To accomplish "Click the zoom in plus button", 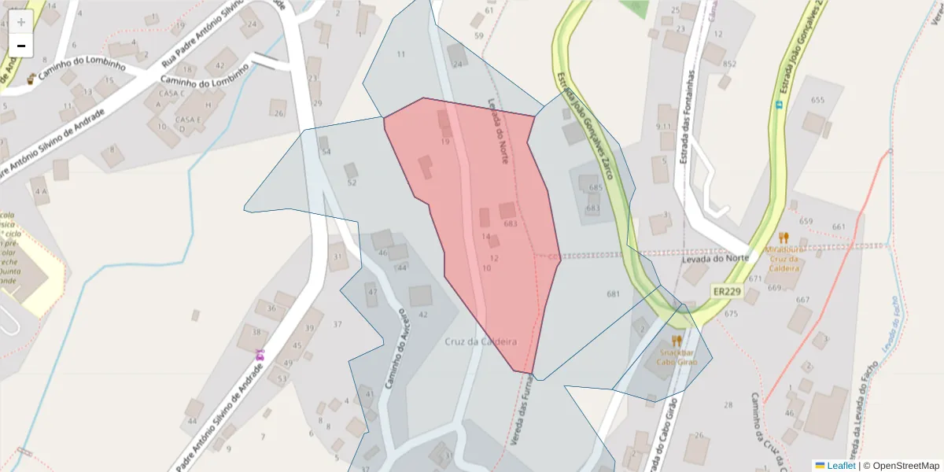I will click(x=21, y=22).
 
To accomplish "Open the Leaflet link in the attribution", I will click(x=840, y=466).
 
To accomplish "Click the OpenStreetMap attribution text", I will click(x=901, y=466).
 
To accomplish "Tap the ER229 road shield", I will click(x=727, y=291).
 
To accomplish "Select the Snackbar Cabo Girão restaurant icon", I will click(x=677, y=341).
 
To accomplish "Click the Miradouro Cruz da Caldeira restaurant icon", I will click(x=783, y=237).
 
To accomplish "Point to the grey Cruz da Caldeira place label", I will click(x=481, y=341).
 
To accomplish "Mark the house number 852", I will click(x=729, y=64).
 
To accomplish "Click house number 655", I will click(x=817, y=100).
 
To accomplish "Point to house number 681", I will click(x=614, y=293).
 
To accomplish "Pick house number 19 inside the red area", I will click(x=445, y=142).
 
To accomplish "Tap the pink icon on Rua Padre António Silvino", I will click(x=259, y=355).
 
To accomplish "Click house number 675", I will click(x=731, y=314).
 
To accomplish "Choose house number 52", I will click(x=352, y=183).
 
